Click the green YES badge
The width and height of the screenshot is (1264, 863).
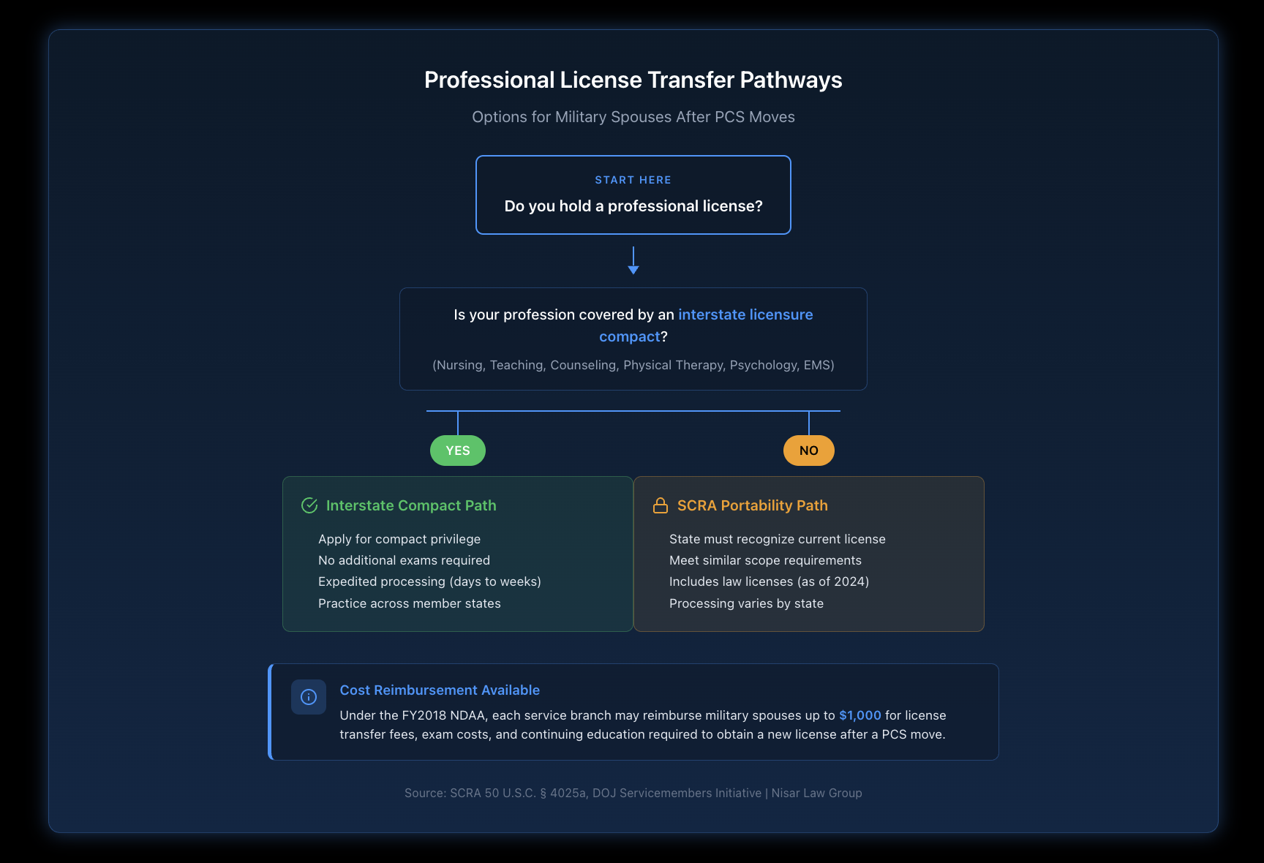(x=458, y=451)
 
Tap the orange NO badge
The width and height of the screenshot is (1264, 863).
(x=809, y=451)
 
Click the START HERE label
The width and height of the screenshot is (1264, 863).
(x=633, y=180)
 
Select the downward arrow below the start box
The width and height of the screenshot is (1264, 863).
(x=633, y=260)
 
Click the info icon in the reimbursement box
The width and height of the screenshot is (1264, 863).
(x=309, y=697)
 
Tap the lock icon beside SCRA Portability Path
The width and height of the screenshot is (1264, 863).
(x=661, y=505)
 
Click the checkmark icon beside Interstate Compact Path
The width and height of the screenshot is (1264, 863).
(x=309, y=505)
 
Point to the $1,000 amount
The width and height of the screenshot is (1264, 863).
(x=860, y=715)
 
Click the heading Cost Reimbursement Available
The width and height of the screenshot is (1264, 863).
(x=440, y=690)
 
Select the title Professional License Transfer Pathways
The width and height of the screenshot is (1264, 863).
(x=633, y=80)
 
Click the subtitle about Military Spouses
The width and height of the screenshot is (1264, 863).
(x=633, y=117)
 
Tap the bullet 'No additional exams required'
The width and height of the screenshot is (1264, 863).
(x=404, y=560)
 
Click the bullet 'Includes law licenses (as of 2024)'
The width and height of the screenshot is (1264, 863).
(x=769, y=581)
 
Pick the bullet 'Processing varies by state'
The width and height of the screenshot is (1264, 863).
(x=746, y=603)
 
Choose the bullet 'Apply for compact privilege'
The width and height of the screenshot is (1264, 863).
(x=399, y=539)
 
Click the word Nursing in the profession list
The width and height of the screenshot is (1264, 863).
(x=459, y=365)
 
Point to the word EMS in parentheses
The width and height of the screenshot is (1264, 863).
(x=816, y=365)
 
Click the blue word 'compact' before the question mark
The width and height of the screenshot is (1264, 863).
(x=630, y=336)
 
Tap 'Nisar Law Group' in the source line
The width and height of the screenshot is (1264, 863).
(x=816, y=793)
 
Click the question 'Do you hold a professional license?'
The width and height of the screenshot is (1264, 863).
(x=633, y=206)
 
